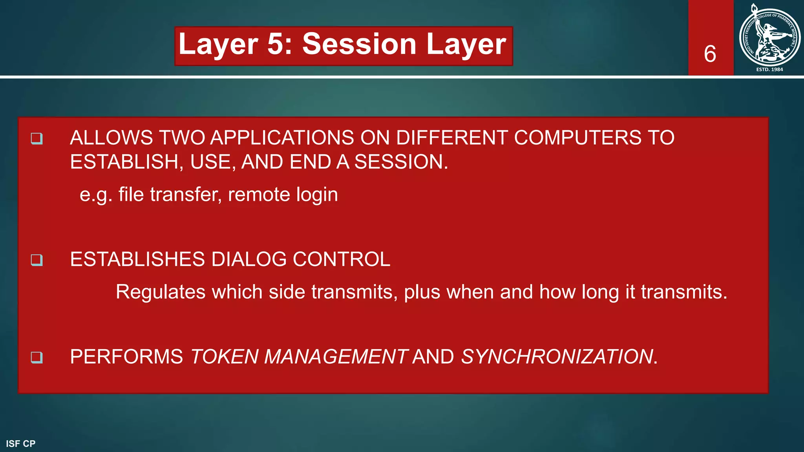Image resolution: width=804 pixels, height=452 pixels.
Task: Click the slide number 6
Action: (710, 54)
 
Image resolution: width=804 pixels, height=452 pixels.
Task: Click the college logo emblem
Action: (769, 36)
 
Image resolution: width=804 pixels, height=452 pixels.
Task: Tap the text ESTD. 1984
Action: (769, 69)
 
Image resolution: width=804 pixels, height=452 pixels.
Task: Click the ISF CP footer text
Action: (21, 444)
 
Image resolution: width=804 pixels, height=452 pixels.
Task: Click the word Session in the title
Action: (359, 44)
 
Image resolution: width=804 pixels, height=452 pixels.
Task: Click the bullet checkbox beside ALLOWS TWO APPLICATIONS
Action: (37, 139)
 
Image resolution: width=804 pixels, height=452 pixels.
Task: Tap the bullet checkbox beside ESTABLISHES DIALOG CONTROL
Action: (37, 260)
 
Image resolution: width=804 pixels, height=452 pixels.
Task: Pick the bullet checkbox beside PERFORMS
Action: (37, 357)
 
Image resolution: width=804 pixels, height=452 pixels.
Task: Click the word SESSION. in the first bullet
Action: (401, 162)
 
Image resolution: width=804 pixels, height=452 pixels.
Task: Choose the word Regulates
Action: (161, 292)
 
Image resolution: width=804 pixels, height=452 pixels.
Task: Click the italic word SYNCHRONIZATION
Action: (557, 357)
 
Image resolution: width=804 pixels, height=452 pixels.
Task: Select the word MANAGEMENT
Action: (336, 357)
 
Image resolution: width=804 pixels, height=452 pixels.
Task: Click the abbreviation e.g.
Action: (96, 195)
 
